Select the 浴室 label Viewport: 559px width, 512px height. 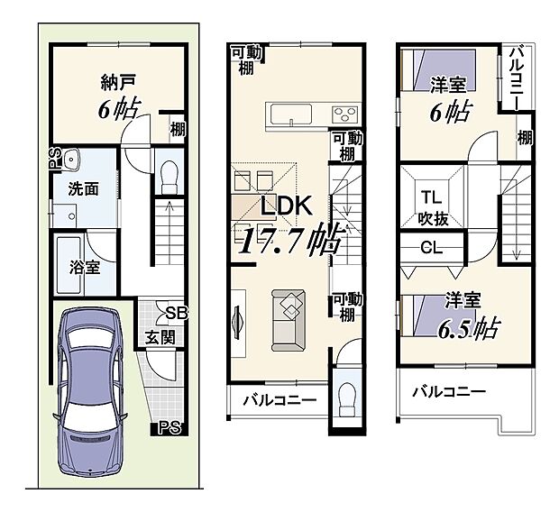[x=84, y=267]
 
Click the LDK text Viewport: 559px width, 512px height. [x=286, y=206]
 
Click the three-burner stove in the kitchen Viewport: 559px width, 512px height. [x=344, y=115]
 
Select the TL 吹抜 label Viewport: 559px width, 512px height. [x=430, y=207]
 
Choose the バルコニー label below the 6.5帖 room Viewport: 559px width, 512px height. [x=448, y=392]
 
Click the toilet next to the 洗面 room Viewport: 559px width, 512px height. [x=166, y=177]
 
